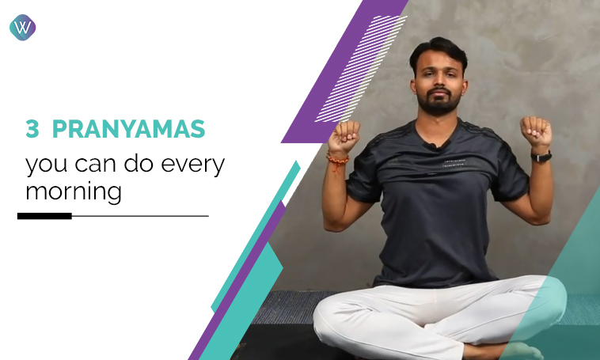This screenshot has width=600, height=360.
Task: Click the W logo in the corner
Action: click(x=22, y=28)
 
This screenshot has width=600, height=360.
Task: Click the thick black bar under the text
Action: click(x=44, y=215)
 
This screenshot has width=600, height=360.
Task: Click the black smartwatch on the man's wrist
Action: click(x=541, y=156)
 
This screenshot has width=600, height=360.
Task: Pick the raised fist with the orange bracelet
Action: click(x=344, y=135)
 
